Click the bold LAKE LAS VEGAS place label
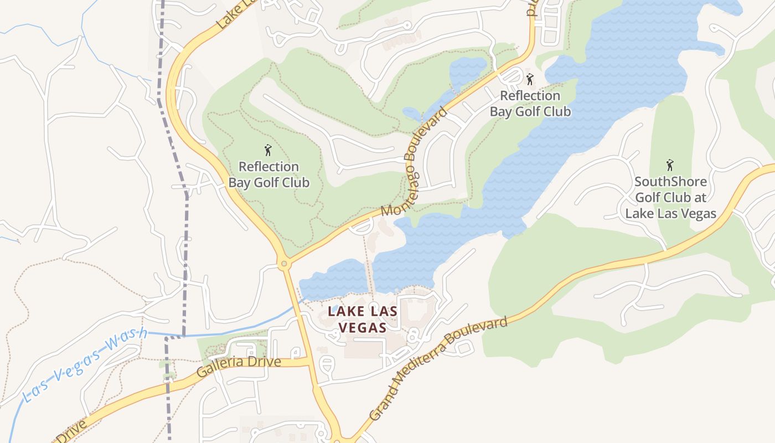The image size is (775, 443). pyautogui.click(x=363, y=319)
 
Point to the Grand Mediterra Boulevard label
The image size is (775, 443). pyautogui.click(x=438, y=368)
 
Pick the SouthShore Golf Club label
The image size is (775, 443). pyautogui.click(x=670, y=197)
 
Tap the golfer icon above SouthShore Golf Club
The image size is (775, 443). pyautogui.click(x=670, y=165)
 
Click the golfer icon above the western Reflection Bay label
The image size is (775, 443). pyautogui.click(x=268, y=150)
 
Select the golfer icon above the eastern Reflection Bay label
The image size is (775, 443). pyautogui.click(x=530, y=79)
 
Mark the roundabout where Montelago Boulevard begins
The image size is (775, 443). pyautogui.click(x=285, y=264)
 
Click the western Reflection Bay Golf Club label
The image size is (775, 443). pyautogui.click(x=268, y=174)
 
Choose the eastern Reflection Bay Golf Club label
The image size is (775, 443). pyautogui.click(x=530, y=104)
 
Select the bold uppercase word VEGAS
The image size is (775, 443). pyautogui.click(x=363, y=327)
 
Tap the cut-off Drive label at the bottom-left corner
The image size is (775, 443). pyautogui.click(x=71, y=432)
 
